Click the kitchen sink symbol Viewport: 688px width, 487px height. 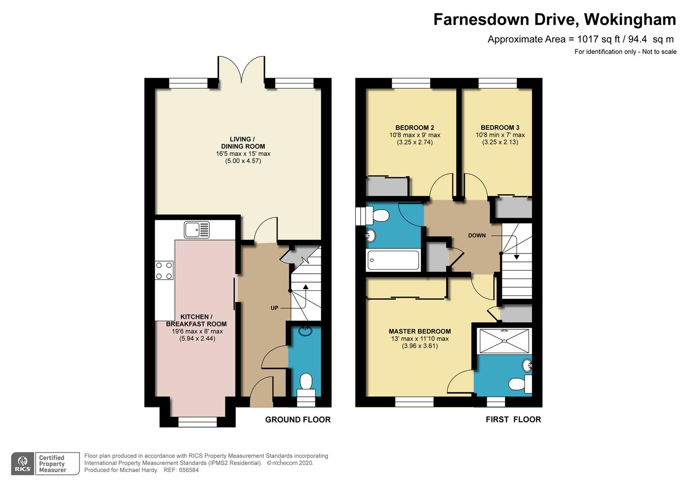click(x=197, y=230)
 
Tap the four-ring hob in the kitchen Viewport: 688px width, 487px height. click(x=164, y=271)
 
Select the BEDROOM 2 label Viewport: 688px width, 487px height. click(x=415, y=128)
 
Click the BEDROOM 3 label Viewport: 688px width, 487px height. click(x=500, y=128)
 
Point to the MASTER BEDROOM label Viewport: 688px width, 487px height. click(x=420, y=331)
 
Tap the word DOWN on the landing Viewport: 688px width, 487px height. click(x=477, y=235)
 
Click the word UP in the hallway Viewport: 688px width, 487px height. click(x=275, y=308)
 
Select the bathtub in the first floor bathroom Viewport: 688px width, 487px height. click(x=393, y=260)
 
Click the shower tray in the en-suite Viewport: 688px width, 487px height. click(x=504, y=341)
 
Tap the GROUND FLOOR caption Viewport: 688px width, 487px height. click(x=298, y=420)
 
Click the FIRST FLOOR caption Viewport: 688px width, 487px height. click(x=514, y=420)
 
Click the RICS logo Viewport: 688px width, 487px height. click(x=23, y=464)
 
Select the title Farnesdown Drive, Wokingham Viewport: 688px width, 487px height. click(x=555, y=20)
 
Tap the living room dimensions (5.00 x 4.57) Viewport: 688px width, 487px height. click(x=243, y=161)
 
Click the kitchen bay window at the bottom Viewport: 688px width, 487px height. click(x=198, y=422)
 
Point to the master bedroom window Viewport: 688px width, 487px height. click(x=414, y=402)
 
